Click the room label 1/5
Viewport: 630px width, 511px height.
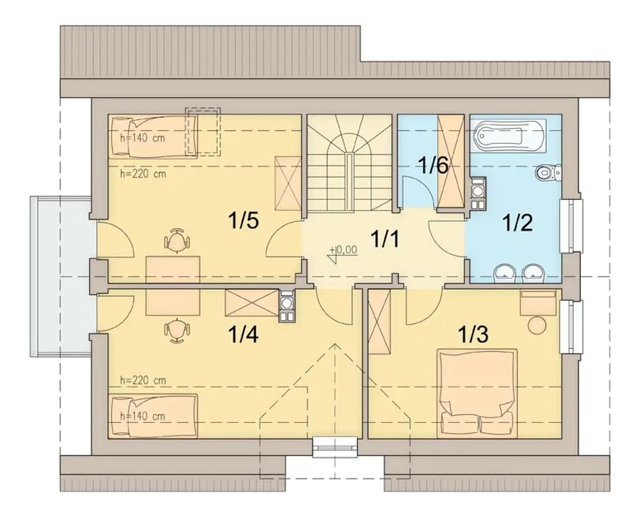(x=243, y=221)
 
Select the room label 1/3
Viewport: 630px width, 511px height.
(x=473, y=334)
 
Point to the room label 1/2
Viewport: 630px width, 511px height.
(x=517, y=223)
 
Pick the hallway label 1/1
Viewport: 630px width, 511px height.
(x=385, y=238)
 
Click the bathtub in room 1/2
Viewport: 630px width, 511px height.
(x=508, y=136)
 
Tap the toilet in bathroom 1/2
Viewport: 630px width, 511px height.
(x=548, y=172)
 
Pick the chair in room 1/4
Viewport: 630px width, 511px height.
(x=177, y=331)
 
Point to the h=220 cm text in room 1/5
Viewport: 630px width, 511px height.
(x=143, y=174)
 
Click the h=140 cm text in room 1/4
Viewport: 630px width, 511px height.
(x=142, y=416)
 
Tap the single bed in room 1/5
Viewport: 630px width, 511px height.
(x=153, y=136)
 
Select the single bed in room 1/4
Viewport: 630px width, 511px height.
(x=153, y=416)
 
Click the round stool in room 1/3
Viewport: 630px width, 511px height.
(x=537, y=326)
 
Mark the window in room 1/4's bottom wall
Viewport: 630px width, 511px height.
(x=335, y=447)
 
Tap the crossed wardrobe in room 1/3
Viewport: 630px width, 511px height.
(x=379, y=321)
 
